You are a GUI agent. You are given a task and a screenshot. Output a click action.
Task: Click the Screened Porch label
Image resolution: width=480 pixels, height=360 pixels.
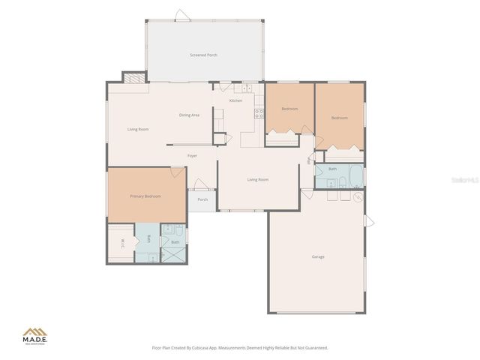point(203,55)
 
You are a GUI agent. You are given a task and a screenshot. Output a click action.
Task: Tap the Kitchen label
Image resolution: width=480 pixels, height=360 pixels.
point(235,100)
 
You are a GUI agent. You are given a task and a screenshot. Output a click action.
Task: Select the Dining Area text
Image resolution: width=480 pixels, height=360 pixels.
point(189,115)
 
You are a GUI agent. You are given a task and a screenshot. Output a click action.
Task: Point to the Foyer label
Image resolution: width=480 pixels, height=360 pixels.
point(192,155)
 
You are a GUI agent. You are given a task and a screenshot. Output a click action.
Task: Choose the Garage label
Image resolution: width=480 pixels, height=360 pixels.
point(318,257)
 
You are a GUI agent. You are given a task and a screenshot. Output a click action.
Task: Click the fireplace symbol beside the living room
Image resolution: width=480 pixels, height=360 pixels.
point(132,77)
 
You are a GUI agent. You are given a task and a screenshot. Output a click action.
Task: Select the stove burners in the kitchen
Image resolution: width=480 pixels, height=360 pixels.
point(259,114)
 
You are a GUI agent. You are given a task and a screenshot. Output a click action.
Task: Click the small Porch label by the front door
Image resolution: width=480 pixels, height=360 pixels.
point(202,199)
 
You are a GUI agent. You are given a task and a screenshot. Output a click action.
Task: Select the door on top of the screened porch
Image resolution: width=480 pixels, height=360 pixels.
point(181,15)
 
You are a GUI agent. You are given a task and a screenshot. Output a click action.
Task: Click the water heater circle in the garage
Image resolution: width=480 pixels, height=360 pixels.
point(358,197)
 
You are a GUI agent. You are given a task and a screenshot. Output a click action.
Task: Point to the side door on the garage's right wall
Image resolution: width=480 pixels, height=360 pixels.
point(368,220)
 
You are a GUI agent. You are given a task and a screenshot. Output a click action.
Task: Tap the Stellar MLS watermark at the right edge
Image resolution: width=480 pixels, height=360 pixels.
point(465,180)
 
